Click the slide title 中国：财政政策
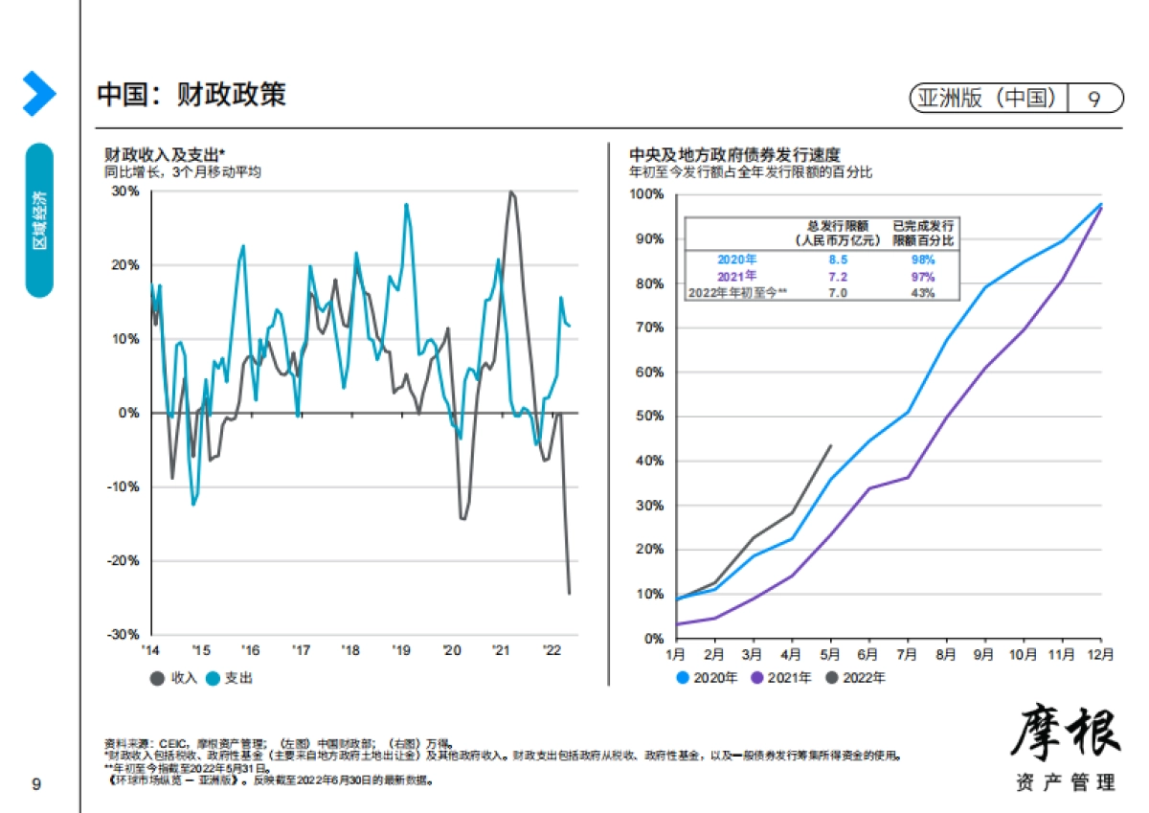pos(191,95)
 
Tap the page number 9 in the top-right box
pos(1093,98)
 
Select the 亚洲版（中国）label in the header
pos(987,98)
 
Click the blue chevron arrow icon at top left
pos(39,94)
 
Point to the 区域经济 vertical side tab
pos(39,220)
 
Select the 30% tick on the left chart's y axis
pos(126,191)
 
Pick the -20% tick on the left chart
pos(124,560)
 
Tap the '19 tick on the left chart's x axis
pos(400,650)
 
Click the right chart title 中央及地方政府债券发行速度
pos(734,153)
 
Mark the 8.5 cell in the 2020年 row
pos(836,259)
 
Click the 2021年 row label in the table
pos(736,276)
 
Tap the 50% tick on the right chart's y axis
pos(651,417)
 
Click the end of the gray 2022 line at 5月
pos(830,444)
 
